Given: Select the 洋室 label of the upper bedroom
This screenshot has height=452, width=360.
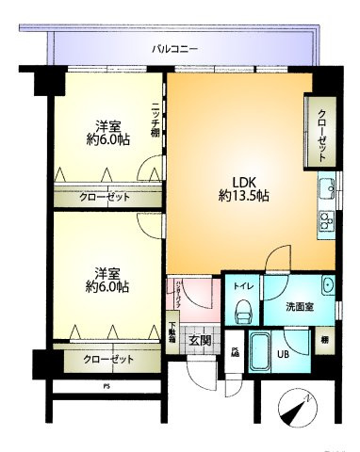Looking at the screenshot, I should click(x=106, y=127).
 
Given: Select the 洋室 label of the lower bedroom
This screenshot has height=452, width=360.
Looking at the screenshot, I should click(x=106, y=268).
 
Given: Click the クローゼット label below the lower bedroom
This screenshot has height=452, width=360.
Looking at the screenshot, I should click(x=107, y=359).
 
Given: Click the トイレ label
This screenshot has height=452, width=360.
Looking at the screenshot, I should click(x=242, y=284).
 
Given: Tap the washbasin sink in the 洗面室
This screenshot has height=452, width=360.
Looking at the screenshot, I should click(x=326, y=285).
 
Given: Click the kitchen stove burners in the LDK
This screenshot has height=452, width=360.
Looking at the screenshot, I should click(x=326, y=222).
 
